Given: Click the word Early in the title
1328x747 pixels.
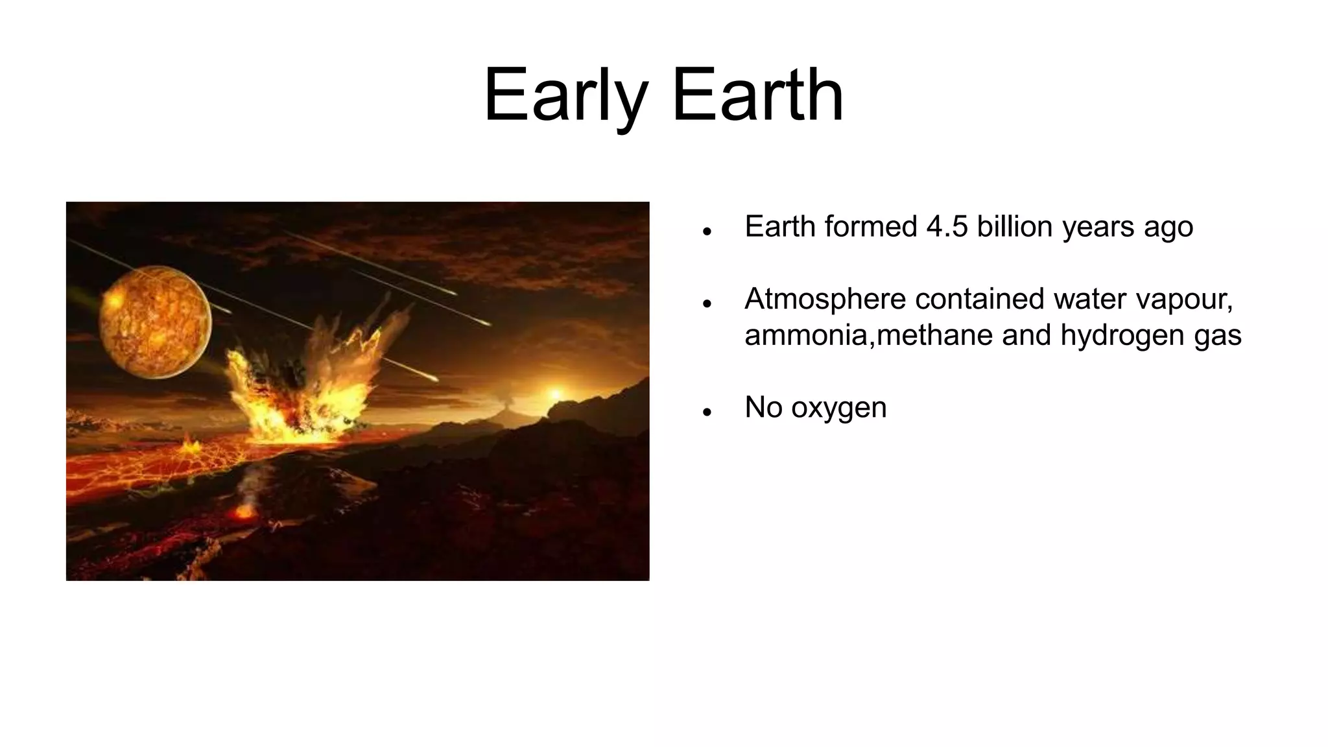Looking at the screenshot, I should coord(565,96).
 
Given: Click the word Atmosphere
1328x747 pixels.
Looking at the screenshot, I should coord(824,299).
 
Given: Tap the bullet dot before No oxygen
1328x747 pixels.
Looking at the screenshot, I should coord(707,412).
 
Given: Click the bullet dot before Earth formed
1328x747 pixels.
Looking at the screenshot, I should coord(707,231).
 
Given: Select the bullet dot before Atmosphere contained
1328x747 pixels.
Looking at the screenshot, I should coord(707,303).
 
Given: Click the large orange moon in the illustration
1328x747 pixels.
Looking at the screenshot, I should coord(155,322).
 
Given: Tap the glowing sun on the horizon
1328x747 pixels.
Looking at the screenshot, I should coord(555,394).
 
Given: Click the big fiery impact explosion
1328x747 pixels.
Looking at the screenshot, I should coord(305,389).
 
